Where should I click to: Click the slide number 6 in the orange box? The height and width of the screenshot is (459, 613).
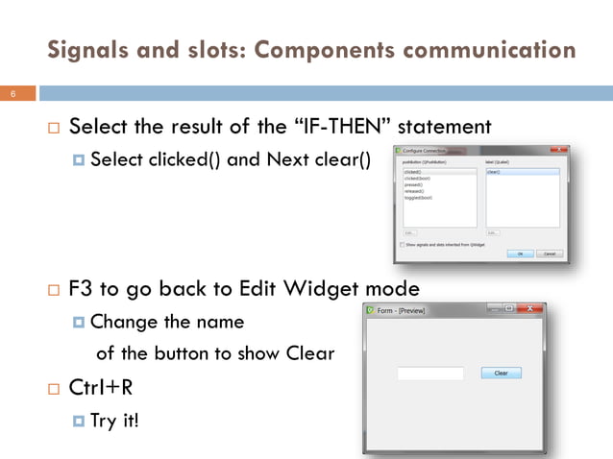point(14,94)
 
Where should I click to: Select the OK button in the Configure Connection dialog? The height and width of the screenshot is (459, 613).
point(520,254)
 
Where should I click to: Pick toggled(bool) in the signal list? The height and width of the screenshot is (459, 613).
point(420,197)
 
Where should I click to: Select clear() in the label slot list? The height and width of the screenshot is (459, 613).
point(495,172)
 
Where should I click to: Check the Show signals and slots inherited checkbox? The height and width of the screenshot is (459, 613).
point(402,245)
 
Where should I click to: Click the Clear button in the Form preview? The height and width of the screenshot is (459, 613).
point(501,373)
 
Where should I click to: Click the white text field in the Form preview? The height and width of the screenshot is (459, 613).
point(430,373)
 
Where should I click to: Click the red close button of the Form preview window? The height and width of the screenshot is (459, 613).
point(530,309)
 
